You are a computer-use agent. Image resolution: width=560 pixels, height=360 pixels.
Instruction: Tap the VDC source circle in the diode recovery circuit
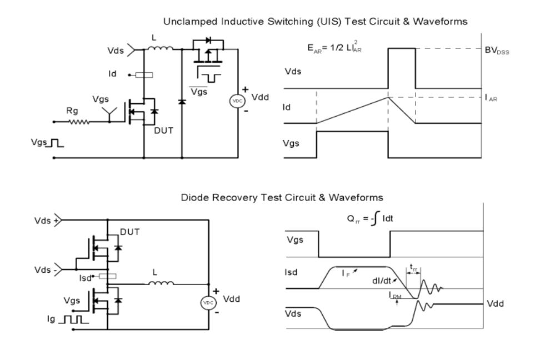[x=208, y=302]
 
